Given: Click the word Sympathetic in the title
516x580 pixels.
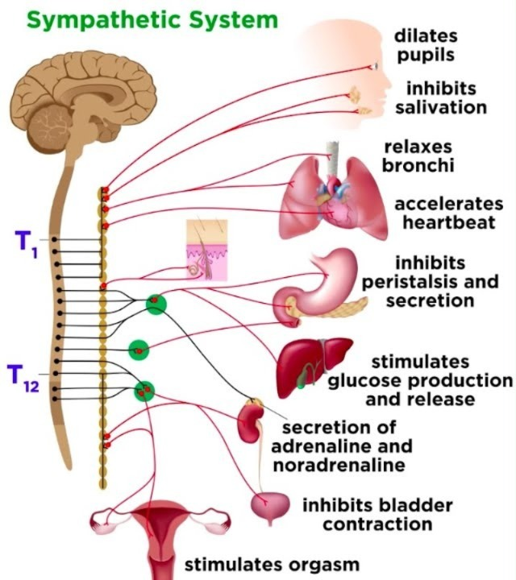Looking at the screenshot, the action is tap(105, 20).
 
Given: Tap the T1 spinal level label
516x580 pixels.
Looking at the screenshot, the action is tap(26, 244).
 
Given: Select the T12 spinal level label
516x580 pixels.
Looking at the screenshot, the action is tap(23, 378).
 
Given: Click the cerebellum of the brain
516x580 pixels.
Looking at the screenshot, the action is tap(49, 126).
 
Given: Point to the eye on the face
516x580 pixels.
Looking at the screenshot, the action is tap(376, 66).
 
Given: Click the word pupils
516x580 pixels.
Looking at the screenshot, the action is tap(426, 55).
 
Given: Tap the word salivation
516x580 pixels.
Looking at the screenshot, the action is tap(440, 107).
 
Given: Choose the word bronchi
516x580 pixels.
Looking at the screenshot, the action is tap(418, 165).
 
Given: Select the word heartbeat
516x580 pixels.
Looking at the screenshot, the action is tap(448, 222).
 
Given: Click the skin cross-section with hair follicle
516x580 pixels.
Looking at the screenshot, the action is tap(206, 250).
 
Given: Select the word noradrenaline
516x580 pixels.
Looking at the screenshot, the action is tap(339, 465).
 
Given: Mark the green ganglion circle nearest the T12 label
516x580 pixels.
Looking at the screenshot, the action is tap(144, 391).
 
